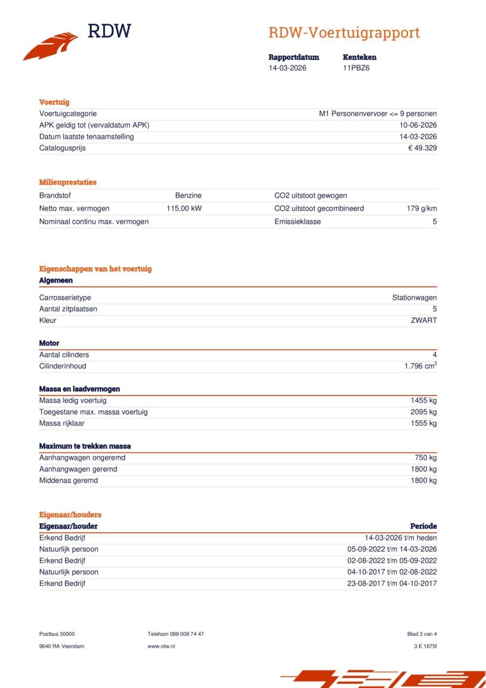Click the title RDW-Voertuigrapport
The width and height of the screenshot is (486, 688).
point(344,33)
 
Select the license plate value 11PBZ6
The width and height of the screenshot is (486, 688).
point(356,68)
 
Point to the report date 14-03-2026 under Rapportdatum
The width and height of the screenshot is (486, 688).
point(288,68)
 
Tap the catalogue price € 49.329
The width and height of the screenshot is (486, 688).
point(422,148)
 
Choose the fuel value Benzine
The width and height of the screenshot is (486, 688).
point(188,196)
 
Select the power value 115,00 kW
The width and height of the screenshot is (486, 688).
point(184,209)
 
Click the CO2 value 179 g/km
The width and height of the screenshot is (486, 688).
point(421,209)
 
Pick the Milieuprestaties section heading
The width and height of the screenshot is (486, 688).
point(68,182)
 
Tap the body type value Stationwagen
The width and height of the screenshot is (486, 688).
point(414,298)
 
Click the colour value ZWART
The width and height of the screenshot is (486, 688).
point(424,320)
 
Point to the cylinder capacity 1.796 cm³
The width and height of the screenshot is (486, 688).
point(420,366)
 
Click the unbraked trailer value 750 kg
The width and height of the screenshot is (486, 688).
point(425,458)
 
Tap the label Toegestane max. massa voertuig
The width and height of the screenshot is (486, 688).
point(93,412)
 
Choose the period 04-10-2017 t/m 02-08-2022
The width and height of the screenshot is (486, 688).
point(392,572)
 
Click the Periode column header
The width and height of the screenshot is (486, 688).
point(423,526)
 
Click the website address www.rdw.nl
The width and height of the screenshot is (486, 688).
point(161,646)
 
